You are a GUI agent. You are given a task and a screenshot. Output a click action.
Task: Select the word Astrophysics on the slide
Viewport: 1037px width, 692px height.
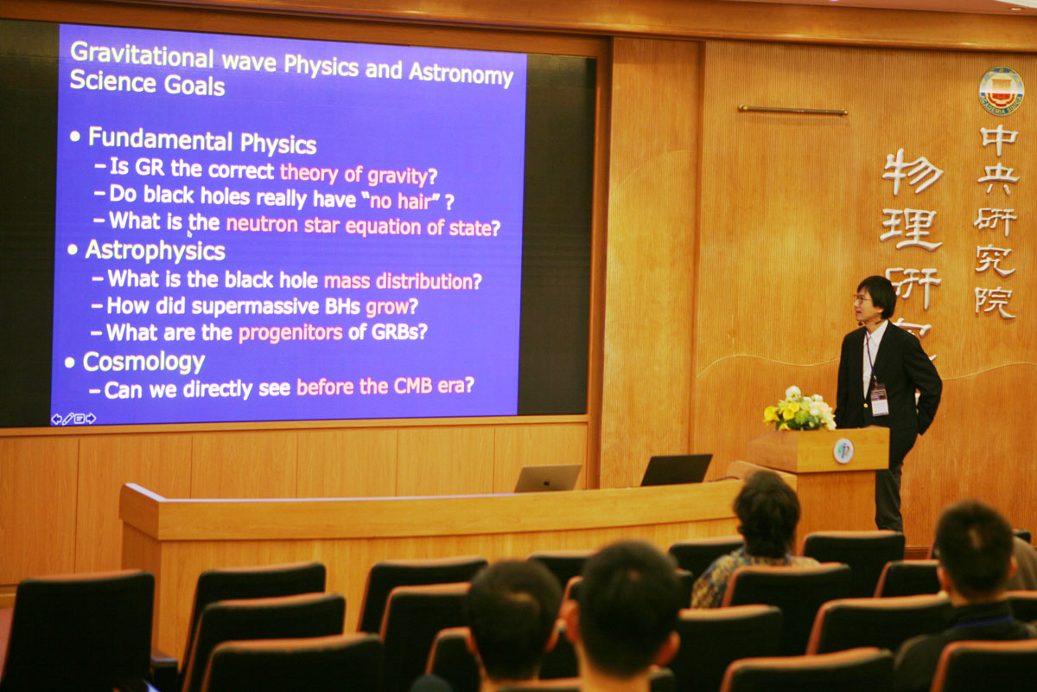coord(155,251)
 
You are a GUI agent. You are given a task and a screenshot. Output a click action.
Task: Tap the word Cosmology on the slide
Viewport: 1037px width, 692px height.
coord(143,362)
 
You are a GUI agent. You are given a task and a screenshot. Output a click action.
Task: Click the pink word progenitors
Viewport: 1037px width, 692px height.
coord(290,333)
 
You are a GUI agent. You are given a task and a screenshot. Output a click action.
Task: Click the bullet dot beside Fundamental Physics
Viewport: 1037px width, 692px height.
coord(75,137)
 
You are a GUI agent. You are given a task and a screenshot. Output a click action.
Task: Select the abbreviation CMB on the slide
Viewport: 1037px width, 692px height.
coord(413,386)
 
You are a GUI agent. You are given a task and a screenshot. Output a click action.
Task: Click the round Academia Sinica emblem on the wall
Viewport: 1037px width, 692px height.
coord(1001,91)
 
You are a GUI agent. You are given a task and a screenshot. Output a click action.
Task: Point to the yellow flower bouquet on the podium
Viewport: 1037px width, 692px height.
coord(799,409)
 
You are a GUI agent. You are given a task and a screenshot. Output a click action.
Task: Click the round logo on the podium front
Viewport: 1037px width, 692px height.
coord(843,451)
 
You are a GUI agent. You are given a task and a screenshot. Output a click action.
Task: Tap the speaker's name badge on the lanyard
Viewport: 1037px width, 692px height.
coord(879,399)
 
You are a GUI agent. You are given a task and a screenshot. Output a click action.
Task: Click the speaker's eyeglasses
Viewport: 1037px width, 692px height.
coord(862,300)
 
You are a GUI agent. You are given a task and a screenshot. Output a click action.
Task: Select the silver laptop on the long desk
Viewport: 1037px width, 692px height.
coord(547,477)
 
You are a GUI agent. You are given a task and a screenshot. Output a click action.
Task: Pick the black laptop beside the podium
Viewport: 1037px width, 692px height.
coord(677,470)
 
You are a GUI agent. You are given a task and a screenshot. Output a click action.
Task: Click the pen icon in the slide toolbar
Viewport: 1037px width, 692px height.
coord(68,419)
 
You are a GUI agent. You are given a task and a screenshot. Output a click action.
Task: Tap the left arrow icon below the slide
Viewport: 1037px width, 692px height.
coord(56,419)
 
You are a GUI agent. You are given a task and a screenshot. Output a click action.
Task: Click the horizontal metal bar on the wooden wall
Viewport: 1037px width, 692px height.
coord(792,111)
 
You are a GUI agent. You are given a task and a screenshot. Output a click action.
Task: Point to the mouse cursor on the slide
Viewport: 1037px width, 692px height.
coord(189,234)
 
